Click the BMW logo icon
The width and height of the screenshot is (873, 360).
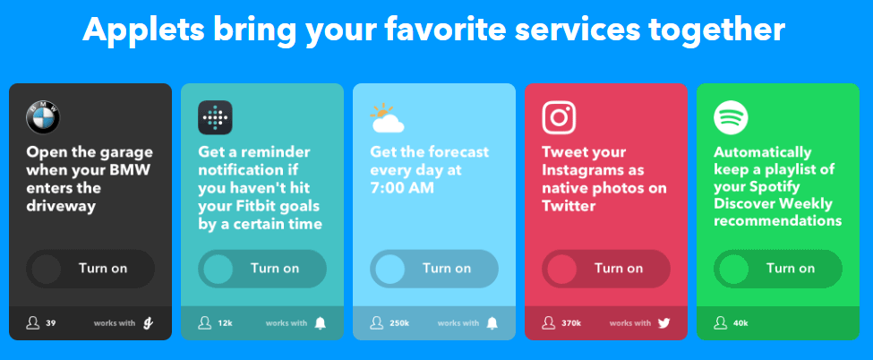pos(43,117)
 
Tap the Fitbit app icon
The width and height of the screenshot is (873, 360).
pos(215,117)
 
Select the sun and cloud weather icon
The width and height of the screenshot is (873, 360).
pos(386,118)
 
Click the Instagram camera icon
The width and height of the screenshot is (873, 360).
pos(559,117)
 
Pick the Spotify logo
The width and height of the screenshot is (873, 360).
pos(731,117)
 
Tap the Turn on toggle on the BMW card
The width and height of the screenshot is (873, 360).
pos(90,269)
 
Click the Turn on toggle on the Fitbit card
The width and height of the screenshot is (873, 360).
pos(262,269)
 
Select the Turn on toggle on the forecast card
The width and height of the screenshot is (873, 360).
pos(434,269)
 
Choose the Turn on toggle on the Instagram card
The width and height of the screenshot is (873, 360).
pos(606,269)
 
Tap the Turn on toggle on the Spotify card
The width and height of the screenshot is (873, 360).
pos(778,269)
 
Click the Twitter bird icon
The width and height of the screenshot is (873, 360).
pos(663,322)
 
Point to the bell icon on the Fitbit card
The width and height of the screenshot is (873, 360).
pos(321,322)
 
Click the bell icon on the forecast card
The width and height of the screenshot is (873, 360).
pos(492,322)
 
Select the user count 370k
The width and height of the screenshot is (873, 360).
pos(571,323)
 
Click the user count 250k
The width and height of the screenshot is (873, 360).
pos(399,323)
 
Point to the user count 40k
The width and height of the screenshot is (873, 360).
pos(741,323)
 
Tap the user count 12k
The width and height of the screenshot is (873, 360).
pos(225,323)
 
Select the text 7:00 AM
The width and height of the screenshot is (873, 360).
pos(402,188)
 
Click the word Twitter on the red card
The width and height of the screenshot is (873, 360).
pos(569,206)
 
